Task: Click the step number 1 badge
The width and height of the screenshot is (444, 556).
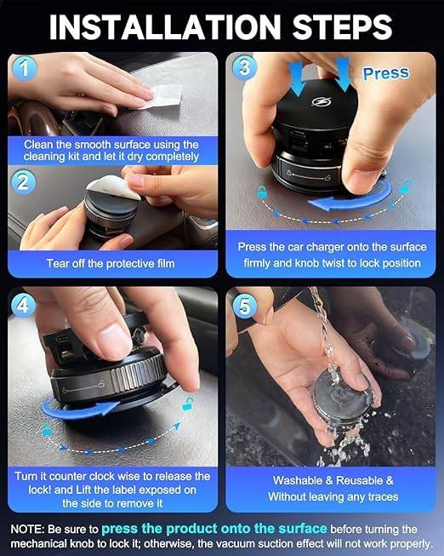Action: [x=24, y=68]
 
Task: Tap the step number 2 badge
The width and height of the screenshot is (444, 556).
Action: [x=23, y=182]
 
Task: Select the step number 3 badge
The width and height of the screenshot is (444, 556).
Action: [x=244, y=67]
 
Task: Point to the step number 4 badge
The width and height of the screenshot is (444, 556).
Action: [x=23, y=305]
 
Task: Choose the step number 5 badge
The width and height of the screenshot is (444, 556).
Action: [x=244, y=306]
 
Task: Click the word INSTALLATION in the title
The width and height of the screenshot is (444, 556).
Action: [x=165, y=27]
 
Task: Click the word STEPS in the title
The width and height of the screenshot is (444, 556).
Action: [x=342, y=27]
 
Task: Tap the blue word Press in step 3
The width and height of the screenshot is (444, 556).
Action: [x=386, y=73]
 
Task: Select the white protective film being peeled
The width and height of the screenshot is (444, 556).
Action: [x=112, y=186]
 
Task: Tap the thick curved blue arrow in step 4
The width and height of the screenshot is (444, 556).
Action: [x=78, y=411]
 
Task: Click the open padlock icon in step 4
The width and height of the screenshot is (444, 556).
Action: [x=188, y=404]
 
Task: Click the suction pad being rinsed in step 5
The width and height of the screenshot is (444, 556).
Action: [x=343, y=400]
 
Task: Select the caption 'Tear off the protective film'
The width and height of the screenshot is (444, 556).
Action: [x=111, y=263]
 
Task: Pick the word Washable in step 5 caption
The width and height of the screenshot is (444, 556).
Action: [x=298, y=480]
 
